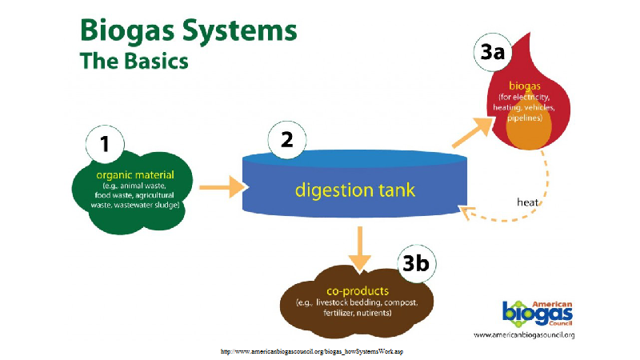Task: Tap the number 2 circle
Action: coord(286,142)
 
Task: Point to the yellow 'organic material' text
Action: coord(134,175)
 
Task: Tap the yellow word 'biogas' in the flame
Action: coord(524,84)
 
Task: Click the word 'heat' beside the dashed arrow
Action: coord(527,202)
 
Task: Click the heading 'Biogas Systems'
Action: coord(187,32)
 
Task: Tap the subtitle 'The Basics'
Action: coord(134,60)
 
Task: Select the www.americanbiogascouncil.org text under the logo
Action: coord(524,334)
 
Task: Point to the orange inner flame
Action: coord(524,134)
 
